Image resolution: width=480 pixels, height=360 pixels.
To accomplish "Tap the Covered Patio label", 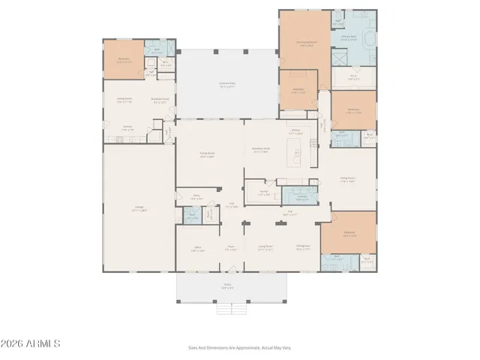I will coord(226,85).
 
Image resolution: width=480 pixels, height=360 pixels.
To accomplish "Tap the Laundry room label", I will coord(301,199).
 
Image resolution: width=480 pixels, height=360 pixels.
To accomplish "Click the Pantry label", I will coord(263,192).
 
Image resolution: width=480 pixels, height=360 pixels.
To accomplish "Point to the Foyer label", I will coord(232,249).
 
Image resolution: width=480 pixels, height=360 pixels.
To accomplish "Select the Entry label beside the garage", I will coord(196,198).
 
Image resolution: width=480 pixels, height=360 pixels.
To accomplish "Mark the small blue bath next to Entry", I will coord(192,217).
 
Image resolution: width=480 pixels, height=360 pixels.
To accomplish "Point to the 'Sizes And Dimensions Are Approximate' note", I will coord(239,347).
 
